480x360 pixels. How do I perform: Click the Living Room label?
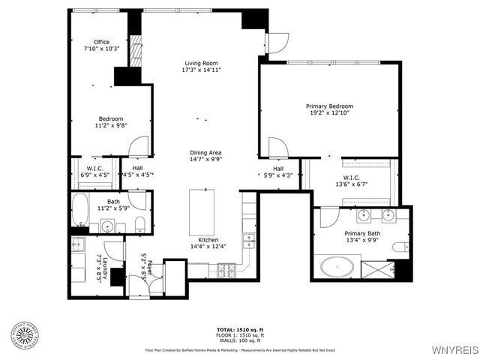tap(201, 67)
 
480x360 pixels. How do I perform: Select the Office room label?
tap(101, 45)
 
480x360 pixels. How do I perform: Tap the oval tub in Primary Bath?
tap(340, 266)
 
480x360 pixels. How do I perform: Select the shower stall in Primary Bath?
tap(377, 268)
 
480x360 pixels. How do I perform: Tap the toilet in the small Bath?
tap(140, 223)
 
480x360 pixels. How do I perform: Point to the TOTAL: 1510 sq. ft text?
tap(239, 330)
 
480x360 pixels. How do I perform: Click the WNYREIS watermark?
tap(453, 350)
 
